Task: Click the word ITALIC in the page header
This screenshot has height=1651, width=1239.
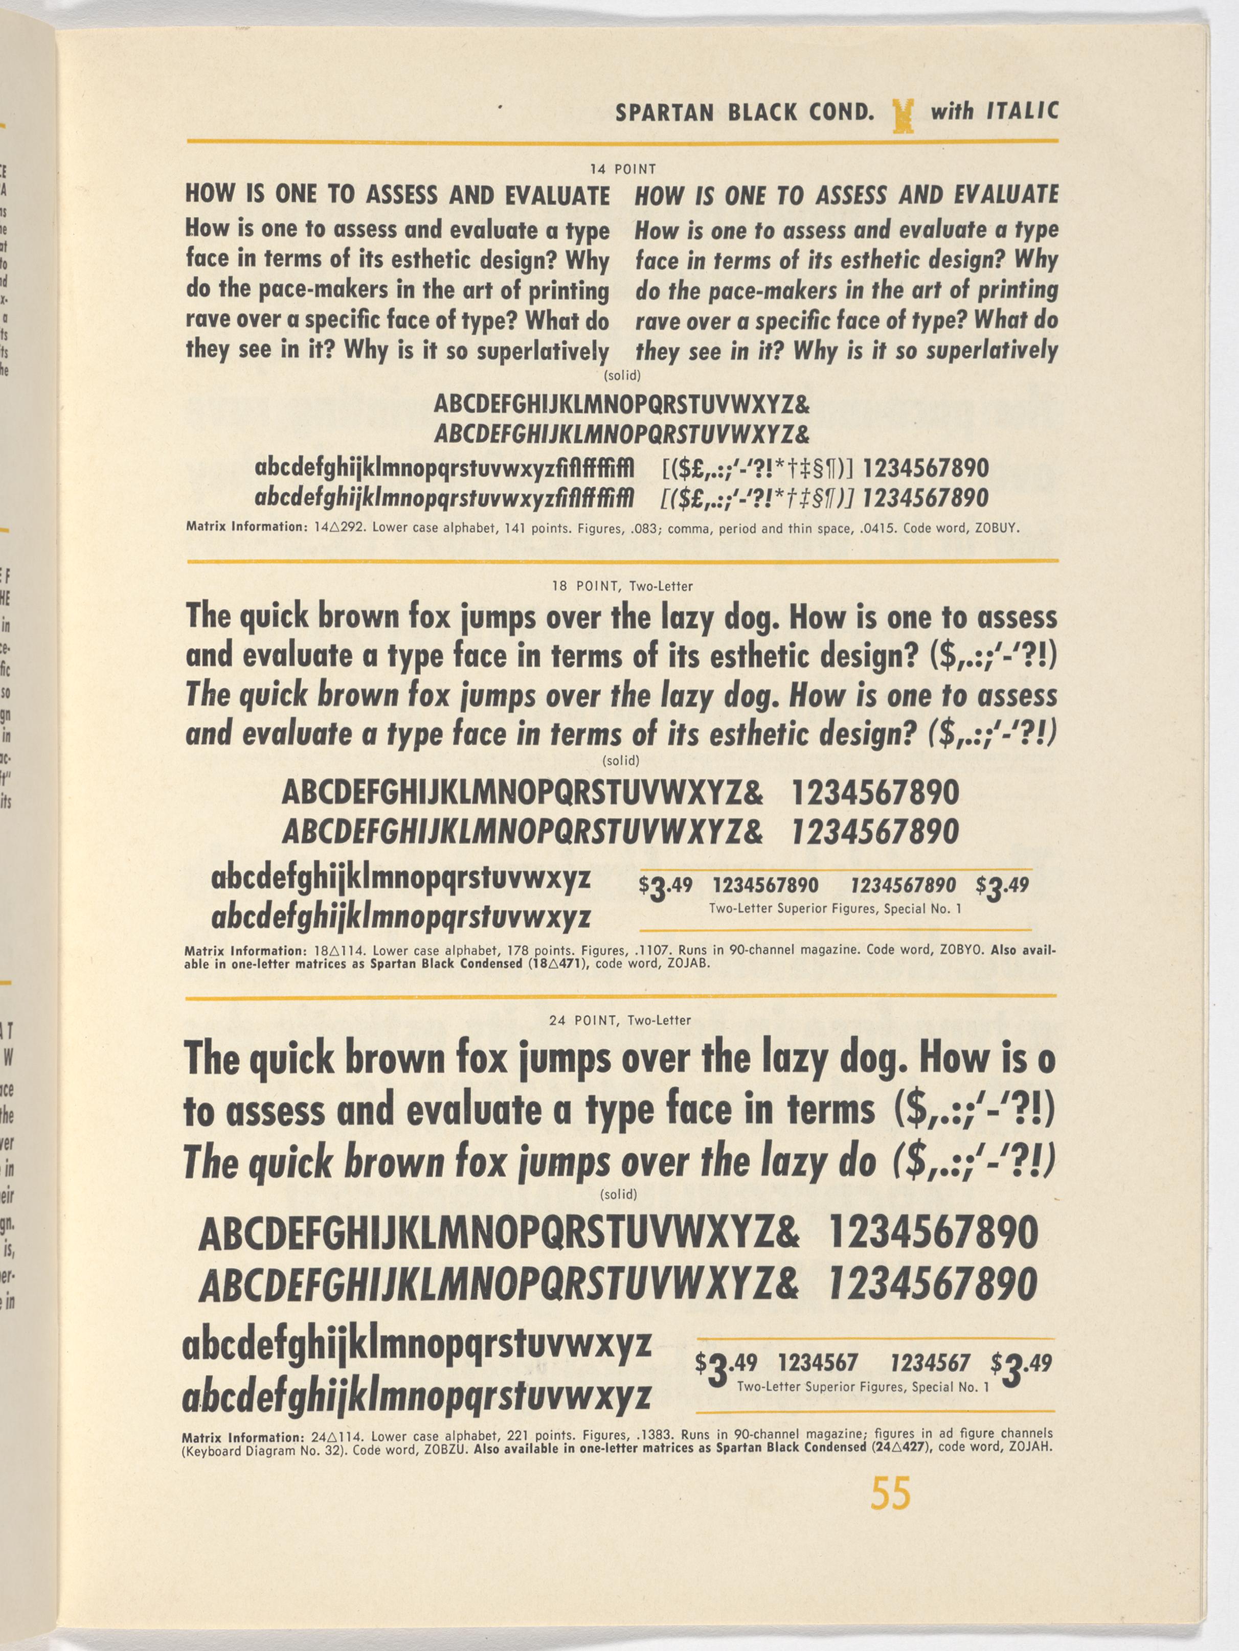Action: pos(1022,111)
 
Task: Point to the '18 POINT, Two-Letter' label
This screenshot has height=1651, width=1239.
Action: pos(622,587)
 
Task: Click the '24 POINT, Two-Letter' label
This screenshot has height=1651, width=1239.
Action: pos(620,1020)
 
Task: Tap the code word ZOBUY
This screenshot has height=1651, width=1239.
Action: pos(996,528)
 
